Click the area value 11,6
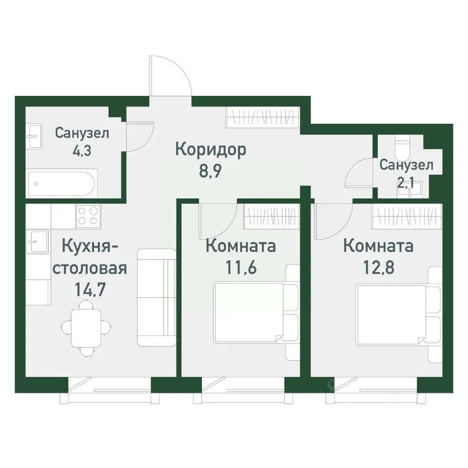(x=241, y=268)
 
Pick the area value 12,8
(x=378, y=268)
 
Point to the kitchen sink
(x=37, y=242)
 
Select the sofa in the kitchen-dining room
(x=156, y=297)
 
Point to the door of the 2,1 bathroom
(x=358, y=175)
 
